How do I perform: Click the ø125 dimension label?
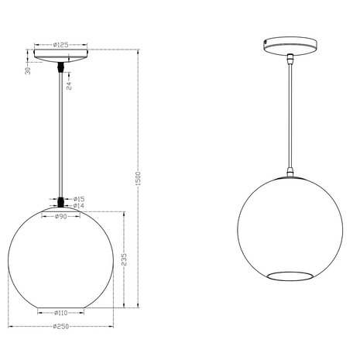click(63, 45)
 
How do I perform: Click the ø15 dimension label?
click(78, 199)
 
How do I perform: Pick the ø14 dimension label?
click(78, 207)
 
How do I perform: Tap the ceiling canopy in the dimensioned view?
click(62, 58)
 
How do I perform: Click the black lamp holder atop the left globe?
click(62, 203)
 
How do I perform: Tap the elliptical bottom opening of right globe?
click(288, 276)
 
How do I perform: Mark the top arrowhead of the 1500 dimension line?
click(137, 53)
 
